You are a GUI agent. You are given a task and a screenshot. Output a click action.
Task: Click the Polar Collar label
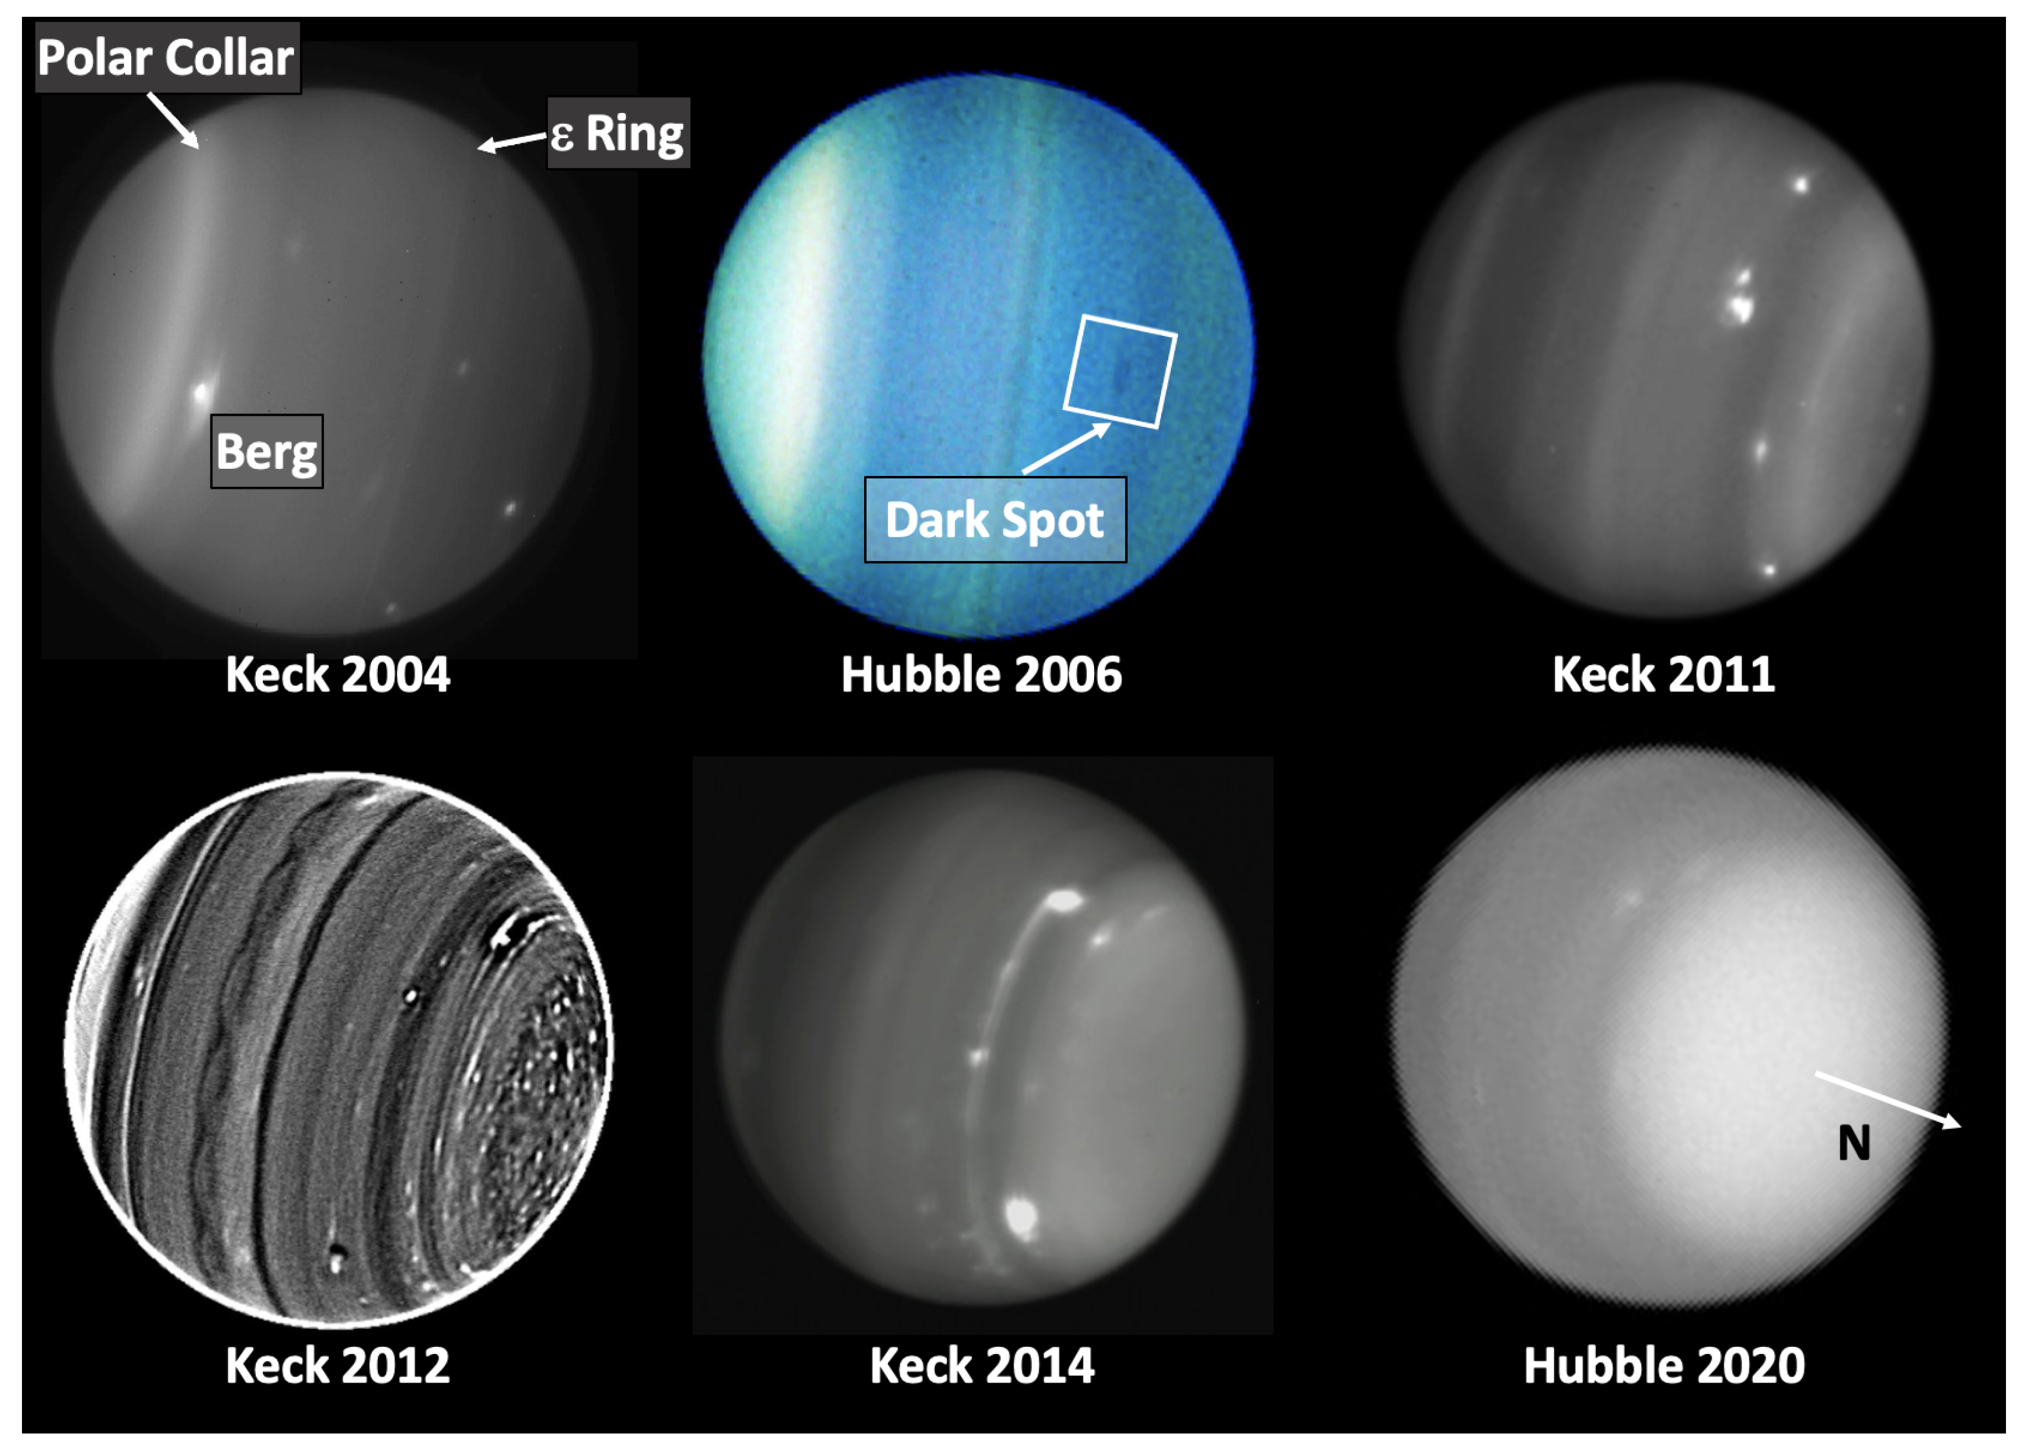[167, 58]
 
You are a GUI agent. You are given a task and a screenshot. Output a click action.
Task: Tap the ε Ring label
[617, 133]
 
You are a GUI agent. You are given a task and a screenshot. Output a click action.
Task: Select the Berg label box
[267, 451]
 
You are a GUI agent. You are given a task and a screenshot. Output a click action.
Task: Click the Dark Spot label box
[995, 519]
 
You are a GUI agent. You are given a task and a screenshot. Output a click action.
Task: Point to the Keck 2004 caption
[337, 675]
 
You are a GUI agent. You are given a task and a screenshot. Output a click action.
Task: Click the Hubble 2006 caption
[981, 675]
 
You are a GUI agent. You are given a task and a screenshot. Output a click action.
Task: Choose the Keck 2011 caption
[1664, 675]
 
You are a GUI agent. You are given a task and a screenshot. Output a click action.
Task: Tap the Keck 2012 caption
[337, 1366]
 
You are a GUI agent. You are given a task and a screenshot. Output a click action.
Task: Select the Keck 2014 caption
[982, 1366]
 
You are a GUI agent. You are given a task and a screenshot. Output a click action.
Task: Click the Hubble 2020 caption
[1664, 1366]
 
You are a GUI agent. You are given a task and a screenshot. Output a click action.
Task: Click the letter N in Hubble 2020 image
[1854, 1143]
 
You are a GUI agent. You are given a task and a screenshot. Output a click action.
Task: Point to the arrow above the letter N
[1888, 1100]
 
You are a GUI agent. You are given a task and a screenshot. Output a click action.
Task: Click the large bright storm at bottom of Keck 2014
[1020, 1215]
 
